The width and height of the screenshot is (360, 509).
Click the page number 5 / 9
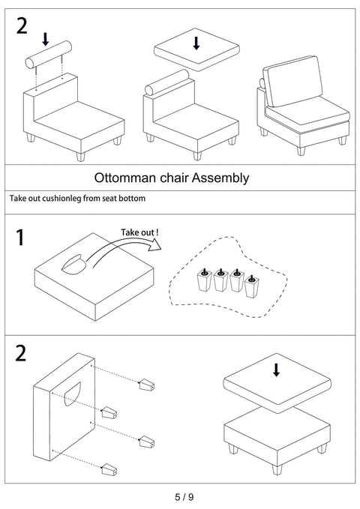click(184, 497)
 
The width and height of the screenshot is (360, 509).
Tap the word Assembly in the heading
click(220, 178)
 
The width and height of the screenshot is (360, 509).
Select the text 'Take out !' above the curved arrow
click(139, 232)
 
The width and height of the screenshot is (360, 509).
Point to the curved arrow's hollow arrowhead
click(154, 245)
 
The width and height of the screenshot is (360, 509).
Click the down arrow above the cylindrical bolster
click(46, 39)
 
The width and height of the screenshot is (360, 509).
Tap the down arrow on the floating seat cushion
click(196, 43)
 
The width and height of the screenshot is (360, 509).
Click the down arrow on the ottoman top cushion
click(276, 370)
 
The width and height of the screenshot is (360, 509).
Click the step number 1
click(20, 238)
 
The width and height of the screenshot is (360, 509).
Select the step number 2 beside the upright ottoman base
click(20, 354)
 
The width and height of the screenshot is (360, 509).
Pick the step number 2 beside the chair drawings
click(22, 26)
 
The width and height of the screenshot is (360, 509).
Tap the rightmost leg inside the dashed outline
click(252, 286)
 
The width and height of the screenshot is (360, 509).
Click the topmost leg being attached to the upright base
click(146, 385)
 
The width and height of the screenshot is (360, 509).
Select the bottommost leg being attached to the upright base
click(109, 470)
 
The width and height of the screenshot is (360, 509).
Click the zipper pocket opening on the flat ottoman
click(74, 265)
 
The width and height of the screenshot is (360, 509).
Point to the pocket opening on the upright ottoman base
click(73, 394)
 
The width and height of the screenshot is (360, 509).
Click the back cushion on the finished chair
click(292, 81)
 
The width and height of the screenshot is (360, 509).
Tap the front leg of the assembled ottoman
click(277, 469)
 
